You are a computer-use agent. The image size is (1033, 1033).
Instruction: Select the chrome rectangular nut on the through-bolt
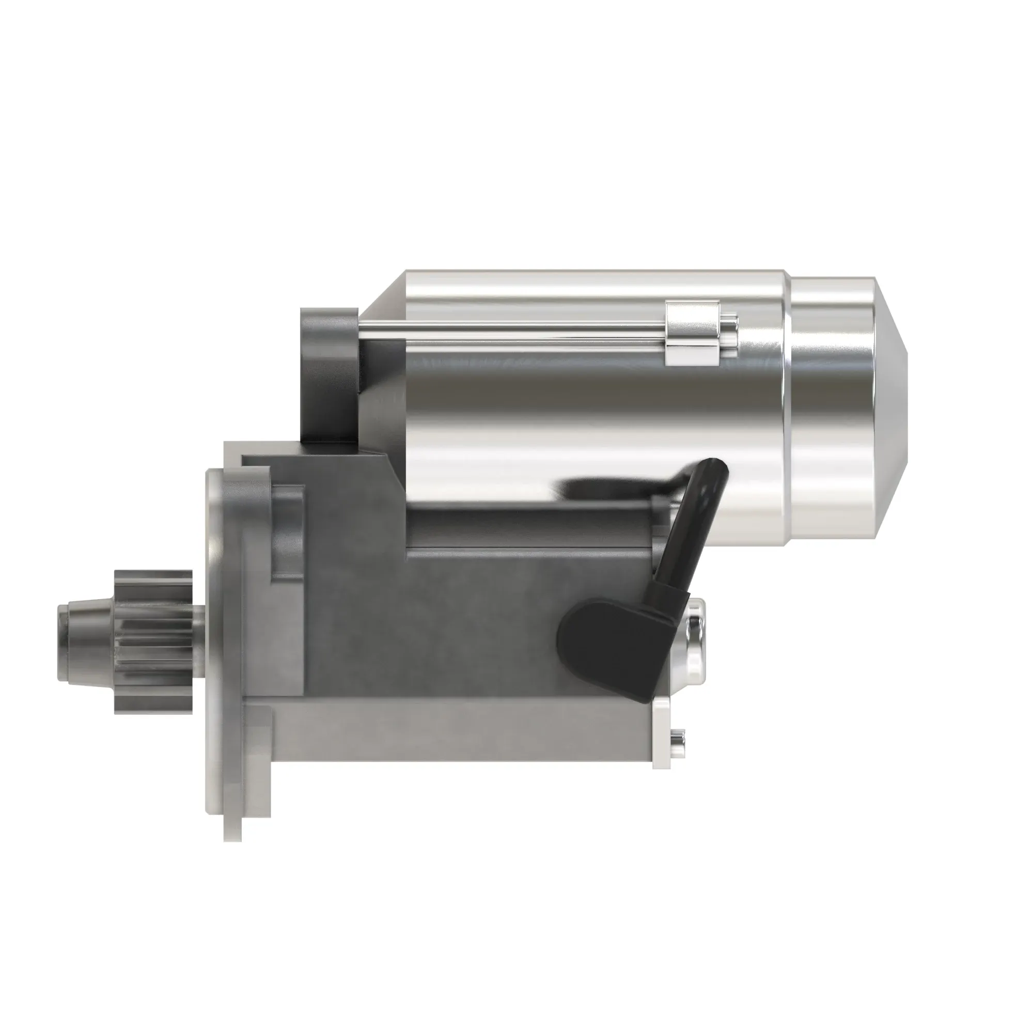(693, 333)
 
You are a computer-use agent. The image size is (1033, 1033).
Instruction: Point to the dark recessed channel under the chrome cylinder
(529, 527)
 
